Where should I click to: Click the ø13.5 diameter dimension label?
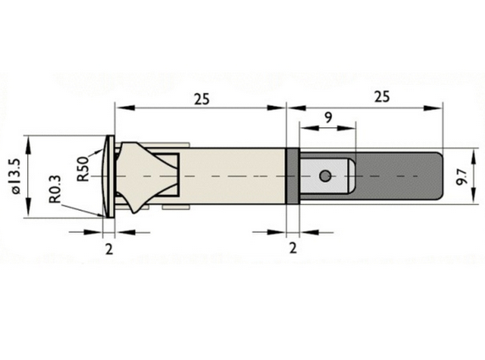(x=16, y=176)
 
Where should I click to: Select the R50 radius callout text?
(x=83, y=169)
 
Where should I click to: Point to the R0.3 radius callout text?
(x=55, y=189)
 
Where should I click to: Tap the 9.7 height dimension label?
(x=461, y=177)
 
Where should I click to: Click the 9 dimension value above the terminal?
(x=328, y=118)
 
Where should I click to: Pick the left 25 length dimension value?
(x=201, y=99)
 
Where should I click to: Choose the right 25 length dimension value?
(x=382, y=97)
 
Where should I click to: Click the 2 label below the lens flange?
(x=109, y=249)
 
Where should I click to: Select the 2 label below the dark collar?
(x=293, y=248)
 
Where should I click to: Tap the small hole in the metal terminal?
(x=325, y=176)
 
